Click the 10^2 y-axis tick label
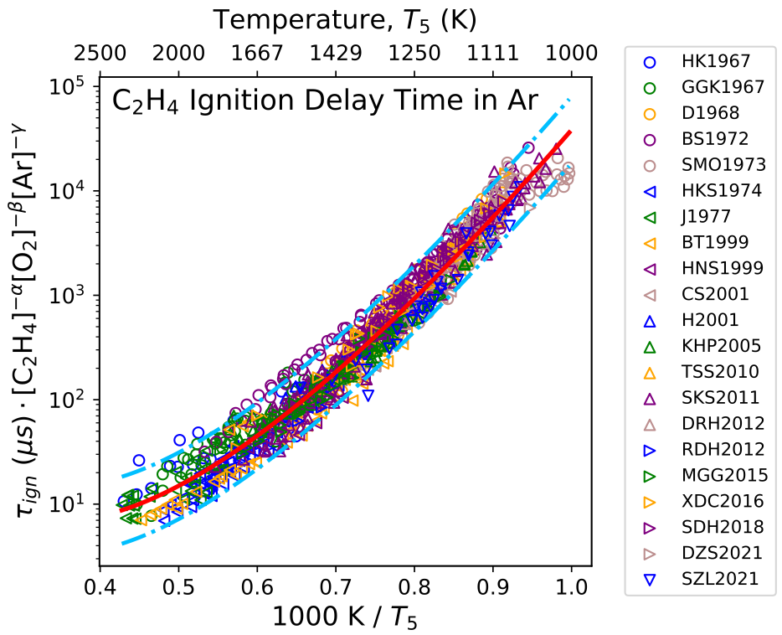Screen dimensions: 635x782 click(68, 400)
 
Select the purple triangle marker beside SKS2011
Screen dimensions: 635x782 click(649, 398)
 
